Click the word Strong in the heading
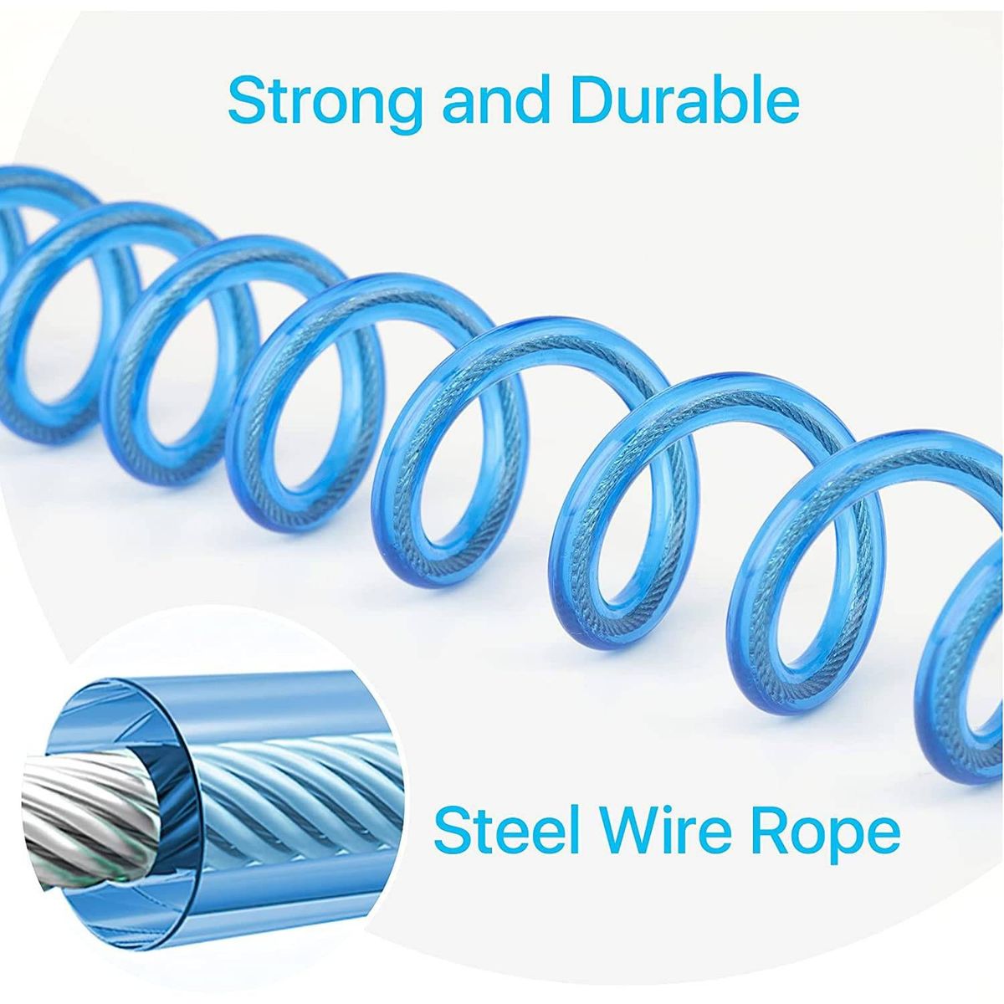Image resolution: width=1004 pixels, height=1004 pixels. click(325, 102)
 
